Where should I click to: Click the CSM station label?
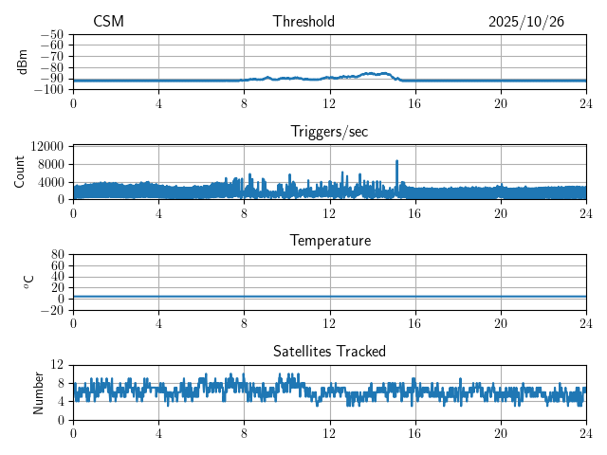click(108, 22)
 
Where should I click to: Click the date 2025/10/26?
click(526, 22)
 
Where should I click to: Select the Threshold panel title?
click(303, 22)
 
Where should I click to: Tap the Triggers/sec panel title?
click(329, 132)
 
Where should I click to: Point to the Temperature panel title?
click(329, 241)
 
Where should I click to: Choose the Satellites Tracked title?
click(329, 351)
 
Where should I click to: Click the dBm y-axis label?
click(23, 62)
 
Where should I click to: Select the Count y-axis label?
click(20, 173)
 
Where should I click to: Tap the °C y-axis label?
click(28, 282)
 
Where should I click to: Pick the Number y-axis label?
click(39, 391)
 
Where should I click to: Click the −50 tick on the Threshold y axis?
click(52, 34)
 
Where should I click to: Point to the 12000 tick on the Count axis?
click(47, 146)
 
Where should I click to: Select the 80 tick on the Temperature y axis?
click(58, 255)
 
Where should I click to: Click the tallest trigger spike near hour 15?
click(396, 162)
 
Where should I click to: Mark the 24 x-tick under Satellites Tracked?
click(586, 431)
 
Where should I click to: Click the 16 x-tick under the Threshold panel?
click(415, 102)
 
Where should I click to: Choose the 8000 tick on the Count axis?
click(50, 163)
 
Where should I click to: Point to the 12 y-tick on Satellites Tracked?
click(58, 365)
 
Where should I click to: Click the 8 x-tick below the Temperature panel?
click(244, 321)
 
